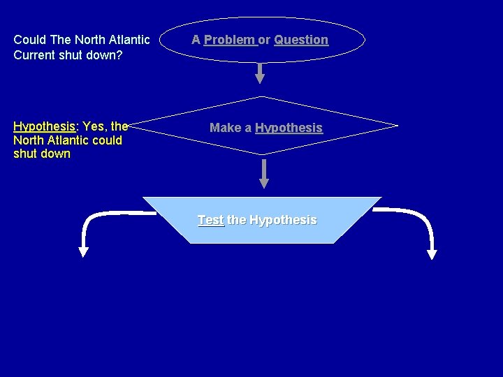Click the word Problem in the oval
[229, 40]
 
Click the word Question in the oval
[301, 40]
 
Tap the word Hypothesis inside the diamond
[289, 128]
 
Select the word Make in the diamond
[224, 128]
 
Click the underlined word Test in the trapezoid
[210, 220]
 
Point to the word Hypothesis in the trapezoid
[282, 220]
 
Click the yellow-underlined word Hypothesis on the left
[44, 126]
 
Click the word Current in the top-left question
[36, 54]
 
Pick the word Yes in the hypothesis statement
[94, 126]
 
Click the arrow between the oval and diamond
[260, 73]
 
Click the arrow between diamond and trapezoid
[264, 174]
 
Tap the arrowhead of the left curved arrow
[83, 251]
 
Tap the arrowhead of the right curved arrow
[431, 253]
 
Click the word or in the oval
[265, 40]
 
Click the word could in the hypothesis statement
[106, 140]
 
